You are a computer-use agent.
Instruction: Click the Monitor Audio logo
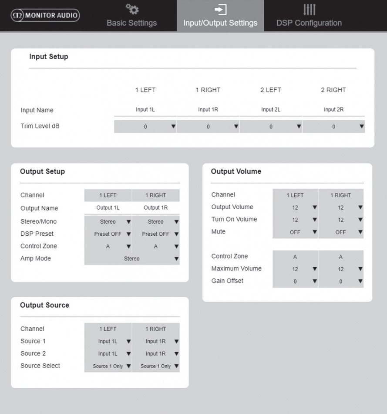45,16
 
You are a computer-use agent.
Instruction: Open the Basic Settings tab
131,17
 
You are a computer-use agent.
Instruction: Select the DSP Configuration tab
309,17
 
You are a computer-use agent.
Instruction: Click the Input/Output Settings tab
220,17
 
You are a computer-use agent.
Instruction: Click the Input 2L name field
271,110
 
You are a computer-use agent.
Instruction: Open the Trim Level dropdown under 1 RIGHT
208,127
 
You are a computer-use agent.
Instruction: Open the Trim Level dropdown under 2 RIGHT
333,127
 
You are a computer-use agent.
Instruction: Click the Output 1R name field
156,208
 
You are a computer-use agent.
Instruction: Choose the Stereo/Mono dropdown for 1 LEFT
108,222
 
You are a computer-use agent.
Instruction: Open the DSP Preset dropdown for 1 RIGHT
156,234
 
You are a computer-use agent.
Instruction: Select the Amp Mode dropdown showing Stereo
132,259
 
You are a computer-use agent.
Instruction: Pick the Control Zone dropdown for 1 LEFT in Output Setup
108,246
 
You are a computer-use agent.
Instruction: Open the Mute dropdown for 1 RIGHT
341,232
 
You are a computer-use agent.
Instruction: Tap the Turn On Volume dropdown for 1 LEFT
295,220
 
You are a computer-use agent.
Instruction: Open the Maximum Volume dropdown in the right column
341,269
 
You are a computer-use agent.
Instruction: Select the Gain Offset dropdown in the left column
295,282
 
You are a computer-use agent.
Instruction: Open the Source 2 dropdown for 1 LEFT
108,354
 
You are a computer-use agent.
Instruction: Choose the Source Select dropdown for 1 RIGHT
156,366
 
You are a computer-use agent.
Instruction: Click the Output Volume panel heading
236,172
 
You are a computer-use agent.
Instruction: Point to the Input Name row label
37,110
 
